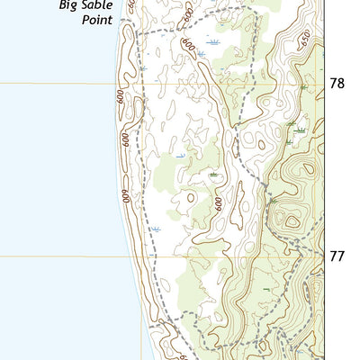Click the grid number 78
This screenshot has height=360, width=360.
337,84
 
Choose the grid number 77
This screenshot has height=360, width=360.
337,256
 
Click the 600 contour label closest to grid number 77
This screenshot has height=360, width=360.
218,205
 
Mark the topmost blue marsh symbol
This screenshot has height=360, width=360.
212,41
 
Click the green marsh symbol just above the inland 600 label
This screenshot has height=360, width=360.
213,174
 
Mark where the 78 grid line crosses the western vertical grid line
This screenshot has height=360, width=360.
140,84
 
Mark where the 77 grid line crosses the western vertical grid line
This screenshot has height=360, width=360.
140,256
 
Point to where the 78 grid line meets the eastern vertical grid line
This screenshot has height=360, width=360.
323,84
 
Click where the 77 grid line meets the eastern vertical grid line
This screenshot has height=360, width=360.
323,256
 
